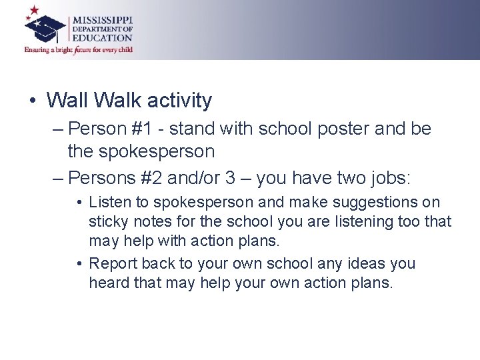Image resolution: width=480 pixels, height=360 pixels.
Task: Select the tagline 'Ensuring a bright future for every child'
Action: [79, 49]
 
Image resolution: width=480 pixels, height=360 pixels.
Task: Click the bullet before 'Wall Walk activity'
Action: [32, 101]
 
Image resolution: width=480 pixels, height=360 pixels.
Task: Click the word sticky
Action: [107, 221]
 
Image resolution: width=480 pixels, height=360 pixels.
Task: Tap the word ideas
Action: [365, 264]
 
